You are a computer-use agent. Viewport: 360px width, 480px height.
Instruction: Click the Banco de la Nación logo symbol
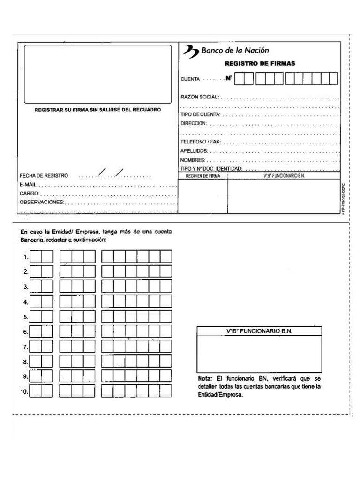point(190,51)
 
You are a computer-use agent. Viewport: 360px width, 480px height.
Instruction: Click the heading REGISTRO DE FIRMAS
point(260,64)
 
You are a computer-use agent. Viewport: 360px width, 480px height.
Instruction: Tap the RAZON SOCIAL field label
point(199,97)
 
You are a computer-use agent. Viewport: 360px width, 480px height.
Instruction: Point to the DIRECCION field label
point(194,123)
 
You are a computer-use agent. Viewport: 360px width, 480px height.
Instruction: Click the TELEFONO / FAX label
point(200,142)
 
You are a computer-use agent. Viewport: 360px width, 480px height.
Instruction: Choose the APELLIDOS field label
point(194,151)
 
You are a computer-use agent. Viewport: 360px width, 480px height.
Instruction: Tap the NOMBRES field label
point(193,160)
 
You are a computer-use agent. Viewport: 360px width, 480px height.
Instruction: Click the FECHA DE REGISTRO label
point(44,176)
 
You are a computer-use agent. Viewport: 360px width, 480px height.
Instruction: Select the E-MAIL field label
point(29,185)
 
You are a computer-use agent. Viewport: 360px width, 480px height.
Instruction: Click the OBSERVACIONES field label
point(41,202)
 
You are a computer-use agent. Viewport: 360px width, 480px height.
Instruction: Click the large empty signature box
point(98,74)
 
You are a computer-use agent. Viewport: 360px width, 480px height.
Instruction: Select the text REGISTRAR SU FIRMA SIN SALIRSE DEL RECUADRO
point(97,110)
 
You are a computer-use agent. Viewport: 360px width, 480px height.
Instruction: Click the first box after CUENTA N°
point(239,78)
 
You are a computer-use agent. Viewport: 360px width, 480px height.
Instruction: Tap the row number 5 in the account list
point(26,317)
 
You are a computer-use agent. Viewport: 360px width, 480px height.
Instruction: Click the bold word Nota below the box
point(205,378)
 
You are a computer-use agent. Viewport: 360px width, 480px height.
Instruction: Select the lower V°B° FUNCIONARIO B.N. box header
point(259,331)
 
